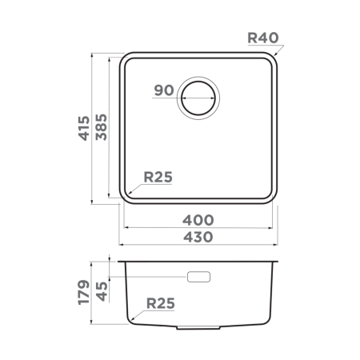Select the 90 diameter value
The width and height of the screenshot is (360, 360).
click(164, 90)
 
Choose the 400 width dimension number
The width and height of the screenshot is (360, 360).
click(198, 219)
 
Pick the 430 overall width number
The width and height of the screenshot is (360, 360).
click(198, 237)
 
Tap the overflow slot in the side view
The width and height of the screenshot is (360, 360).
click(198, 277)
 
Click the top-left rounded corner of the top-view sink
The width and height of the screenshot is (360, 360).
click(126, 60)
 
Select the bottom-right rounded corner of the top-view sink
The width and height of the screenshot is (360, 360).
click(273, 194)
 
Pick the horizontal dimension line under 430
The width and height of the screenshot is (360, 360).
click(198, 245)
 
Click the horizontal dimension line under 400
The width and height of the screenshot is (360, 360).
click(198, 227)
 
